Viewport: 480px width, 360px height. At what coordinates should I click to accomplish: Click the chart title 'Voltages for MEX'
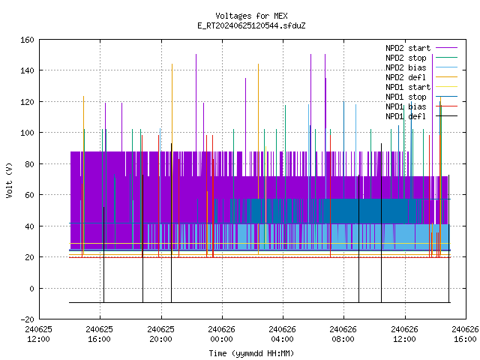pos(251,16)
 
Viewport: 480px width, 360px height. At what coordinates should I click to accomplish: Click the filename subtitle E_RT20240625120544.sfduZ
pos(251,25)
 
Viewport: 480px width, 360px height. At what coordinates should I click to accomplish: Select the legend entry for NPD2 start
pos(421,48)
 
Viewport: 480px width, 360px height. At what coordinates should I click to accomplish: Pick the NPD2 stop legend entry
pos(421,58)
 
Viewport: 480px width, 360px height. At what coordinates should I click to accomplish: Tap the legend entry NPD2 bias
pos(421,67)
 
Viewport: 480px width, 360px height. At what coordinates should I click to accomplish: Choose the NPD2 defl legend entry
pos(421,77)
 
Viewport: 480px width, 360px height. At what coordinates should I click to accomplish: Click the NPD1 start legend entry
pos(421,87)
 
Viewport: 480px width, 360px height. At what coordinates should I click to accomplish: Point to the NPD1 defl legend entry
pos(421,116)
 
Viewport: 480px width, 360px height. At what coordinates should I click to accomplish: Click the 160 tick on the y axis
pos(27,40)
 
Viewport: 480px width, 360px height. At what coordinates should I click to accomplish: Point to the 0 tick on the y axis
pos(31,288)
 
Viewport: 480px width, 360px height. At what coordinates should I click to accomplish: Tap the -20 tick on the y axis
pos(27,319)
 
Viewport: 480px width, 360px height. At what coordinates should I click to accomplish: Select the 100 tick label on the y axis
pos(27,133)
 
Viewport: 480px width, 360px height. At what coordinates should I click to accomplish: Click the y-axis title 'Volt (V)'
pos(9,180)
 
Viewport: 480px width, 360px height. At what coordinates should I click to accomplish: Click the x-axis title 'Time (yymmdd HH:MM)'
pos(251,353)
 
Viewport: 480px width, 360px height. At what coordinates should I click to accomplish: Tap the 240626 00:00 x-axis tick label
pos(222,334)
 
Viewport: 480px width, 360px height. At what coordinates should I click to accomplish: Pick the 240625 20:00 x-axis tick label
pos(160,334)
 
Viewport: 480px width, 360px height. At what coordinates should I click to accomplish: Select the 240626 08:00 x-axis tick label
pos(343,334)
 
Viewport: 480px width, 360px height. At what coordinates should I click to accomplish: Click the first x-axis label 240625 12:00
pos(38,334)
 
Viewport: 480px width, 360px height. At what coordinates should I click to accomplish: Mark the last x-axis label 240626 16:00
pos(465,334)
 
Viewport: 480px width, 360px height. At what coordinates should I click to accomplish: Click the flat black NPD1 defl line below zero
pos(259,303)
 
